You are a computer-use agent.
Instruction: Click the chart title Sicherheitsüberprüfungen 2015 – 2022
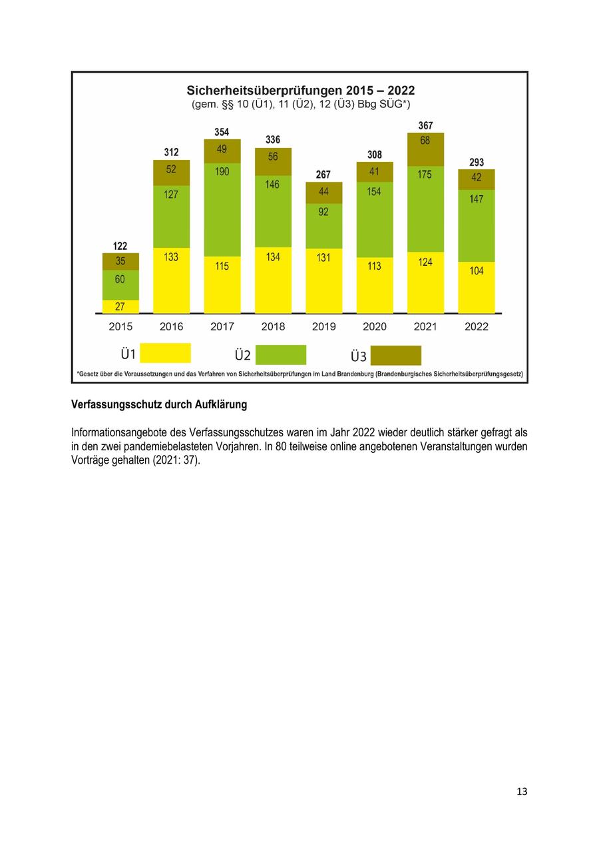[x=300, y=91]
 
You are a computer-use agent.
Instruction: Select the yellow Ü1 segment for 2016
[x=171, y=280]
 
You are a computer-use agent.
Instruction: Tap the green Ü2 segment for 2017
[x=222, y=210]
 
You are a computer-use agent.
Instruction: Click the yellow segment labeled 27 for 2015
[x=120, y=306]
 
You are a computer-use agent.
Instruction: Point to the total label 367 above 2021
[x=425, y=126]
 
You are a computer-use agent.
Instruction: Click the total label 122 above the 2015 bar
[x=120, y=246]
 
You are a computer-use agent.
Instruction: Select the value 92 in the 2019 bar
[x=323, y=212]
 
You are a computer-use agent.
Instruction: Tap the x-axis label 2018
[x=273, y=326]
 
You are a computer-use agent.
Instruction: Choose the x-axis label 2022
[x=477, y=326]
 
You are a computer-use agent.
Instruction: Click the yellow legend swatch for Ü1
[x=165, y=353]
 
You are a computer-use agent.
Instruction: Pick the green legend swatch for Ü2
[x=280, y=354]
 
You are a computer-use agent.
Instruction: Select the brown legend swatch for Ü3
[x=395, y=355]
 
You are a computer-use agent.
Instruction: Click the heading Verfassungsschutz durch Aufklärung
[x=159, y=404]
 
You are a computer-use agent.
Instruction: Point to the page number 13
[x=521, y=791]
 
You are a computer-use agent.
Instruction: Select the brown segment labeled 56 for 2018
[x=273, y=161]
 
